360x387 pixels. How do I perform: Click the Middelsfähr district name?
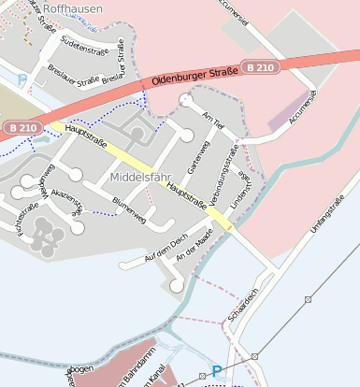coord(141,177)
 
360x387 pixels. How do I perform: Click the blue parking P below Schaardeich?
coord(217,371)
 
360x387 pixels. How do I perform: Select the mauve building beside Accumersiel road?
coord(286,113)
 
